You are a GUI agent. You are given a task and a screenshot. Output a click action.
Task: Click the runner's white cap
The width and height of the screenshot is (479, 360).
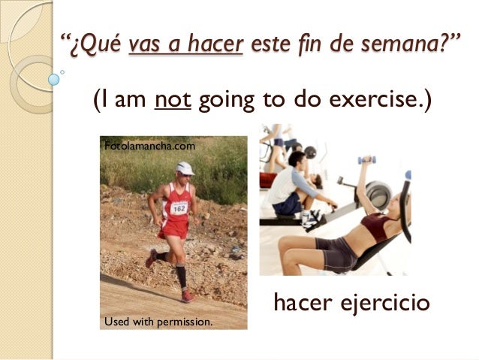coord(184,168)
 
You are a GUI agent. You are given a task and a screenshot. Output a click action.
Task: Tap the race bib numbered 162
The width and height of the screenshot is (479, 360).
coord(179,207)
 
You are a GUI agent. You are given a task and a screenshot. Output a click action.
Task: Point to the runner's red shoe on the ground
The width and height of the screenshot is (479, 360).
coord(187,296)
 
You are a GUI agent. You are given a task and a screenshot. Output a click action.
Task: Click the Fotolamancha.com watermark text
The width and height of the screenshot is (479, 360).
coord(149,146)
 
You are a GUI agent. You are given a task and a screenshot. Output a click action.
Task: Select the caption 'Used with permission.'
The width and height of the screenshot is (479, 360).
coord(158,322)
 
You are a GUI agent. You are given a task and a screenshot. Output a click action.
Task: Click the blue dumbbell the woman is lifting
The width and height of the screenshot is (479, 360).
coord(366,160)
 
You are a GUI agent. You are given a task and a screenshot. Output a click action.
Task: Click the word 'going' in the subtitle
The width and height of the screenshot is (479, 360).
coord(227,101)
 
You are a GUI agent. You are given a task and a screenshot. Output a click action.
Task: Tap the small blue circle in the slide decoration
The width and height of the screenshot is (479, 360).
coord(53,78)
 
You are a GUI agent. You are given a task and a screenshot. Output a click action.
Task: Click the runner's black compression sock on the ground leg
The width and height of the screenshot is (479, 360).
coord(181,276)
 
